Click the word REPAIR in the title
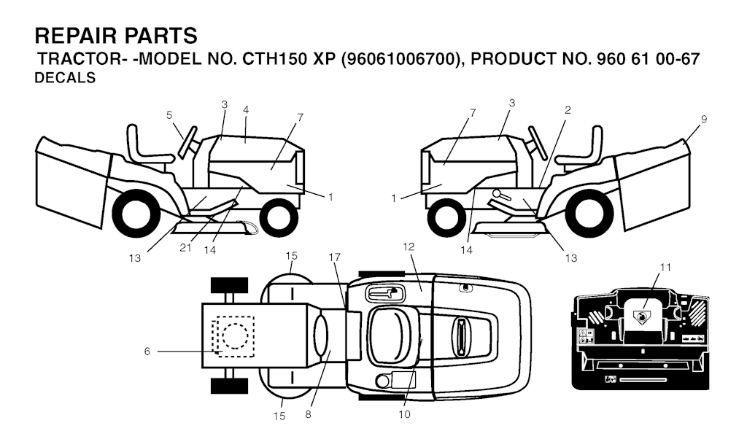tap(76, 36)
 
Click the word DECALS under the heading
tap(65, 77)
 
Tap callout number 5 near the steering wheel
tap(169, 114)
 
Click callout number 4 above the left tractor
tap(245, 109)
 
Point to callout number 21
tap(185, 247)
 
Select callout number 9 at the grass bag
tap(704, 119)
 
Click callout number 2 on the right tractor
tap(568, 110)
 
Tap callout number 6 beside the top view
tap(147, 351)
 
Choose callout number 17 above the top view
tap(335, 257)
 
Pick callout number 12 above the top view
tap(409, 246)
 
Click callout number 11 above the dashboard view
tap(665, 268)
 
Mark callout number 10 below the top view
tap(404, 414)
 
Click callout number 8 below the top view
tap(309, 414)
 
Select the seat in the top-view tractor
tap(390, 335)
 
